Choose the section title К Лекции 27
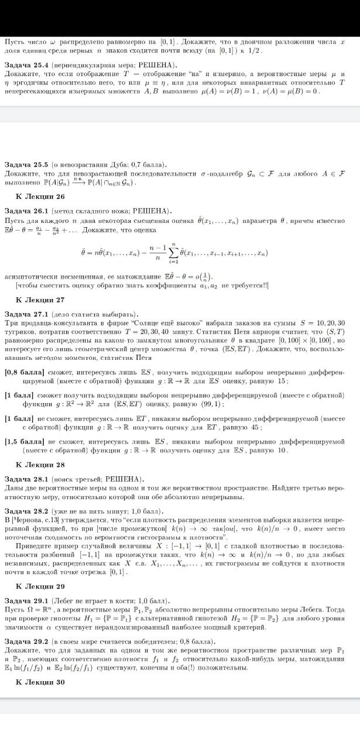tap(40, 300)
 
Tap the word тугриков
tap(19, 331)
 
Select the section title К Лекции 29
tap(40, 586)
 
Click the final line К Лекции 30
tap(40, 682)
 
